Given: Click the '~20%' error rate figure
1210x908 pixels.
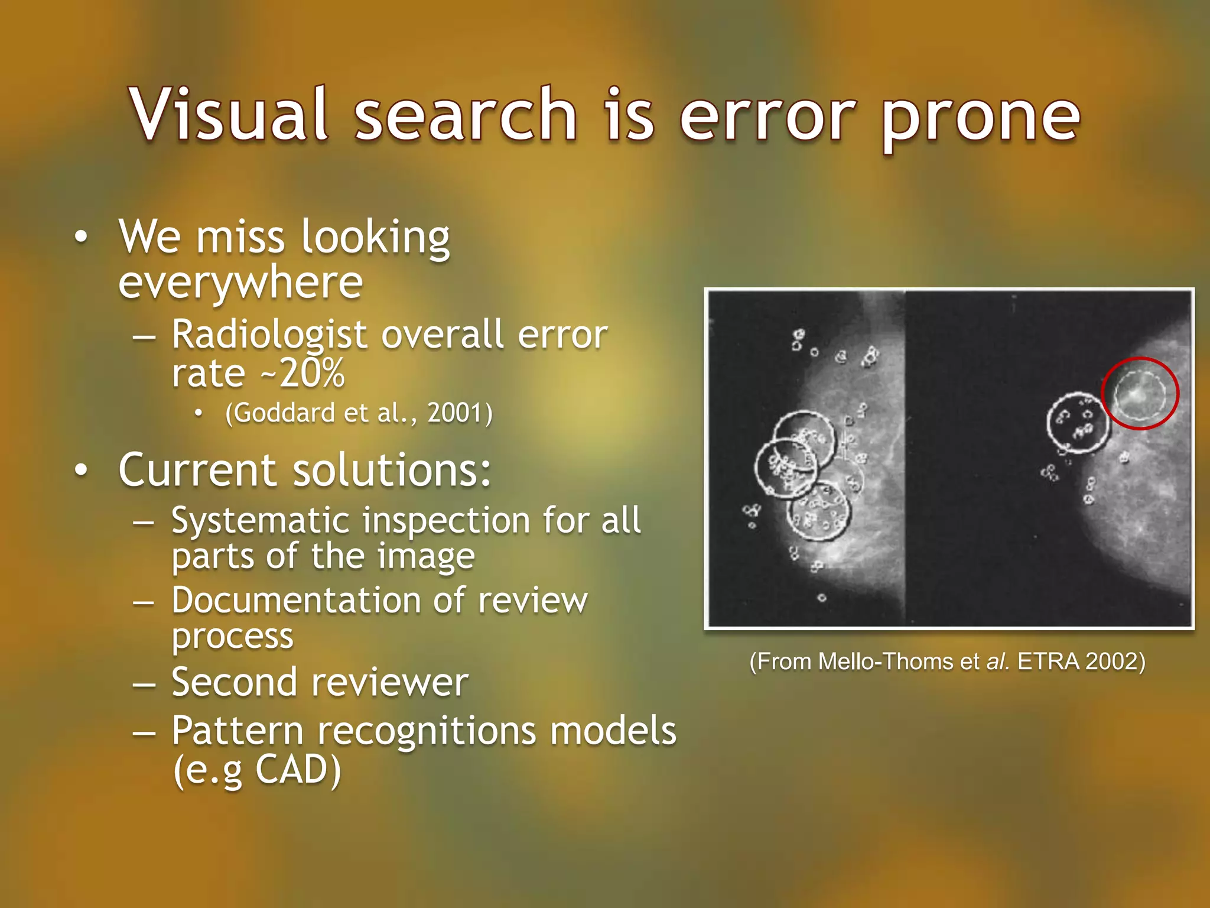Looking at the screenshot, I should (x=311, y=374).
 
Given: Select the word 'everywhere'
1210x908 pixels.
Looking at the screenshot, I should (x=240, y=283).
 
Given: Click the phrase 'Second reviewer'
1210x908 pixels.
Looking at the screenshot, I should (x=320, y=682).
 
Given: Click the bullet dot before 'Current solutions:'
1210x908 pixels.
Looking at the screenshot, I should (x=82, y=471).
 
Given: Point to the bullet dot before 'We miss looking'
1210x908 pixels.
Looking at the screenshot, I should (x=82, y=237).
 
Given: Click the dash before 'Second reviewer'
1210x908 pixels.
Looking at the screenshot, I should (x=144, y=685).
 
